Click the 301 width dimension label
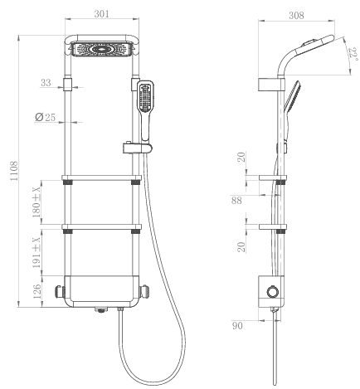pyautogui.click(x=102, y=14)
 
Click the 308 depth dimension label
pyautogui.click(x=296, y=16)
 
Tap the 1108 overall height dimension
pyautogui.click(x=14, y=171)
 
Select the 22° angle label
pyautogui.click(x=353, y=54)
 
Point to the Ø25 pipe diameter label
pyautogui.click(x=46, y=117)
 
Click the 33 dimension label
pyautogui.click(x=46, y=82)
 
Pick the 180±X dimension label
pyautogui.click(x=36, y=202)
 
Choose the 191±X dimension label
pyautogui.click(x=36, y=252)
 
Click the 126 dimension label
pyautogui.click(x=36, y=291)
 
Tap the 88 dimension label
pyautogui.click(x=236, y=200)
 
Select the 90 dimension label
pyautogui.click(x=237, y=326)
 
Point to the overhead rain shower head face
pyautogui.click(x=101, y=49)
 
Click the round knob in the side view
pyautogui.click(x=272, y=292)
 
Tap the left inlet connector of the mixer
pyautogui.click(x=60, y=292)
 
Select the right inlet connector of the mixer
pyautogui.click(x=144, y=292)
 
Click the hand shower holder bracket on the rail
pyautogui.click(x=137, y=148)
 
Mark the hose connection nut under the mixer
pyautogui.click(x=120, y=309)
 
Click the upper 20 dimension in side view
pyautogui.click(x=241, y=157)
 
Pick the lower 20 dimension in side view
pyautogui.click(x=241, y=247)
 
